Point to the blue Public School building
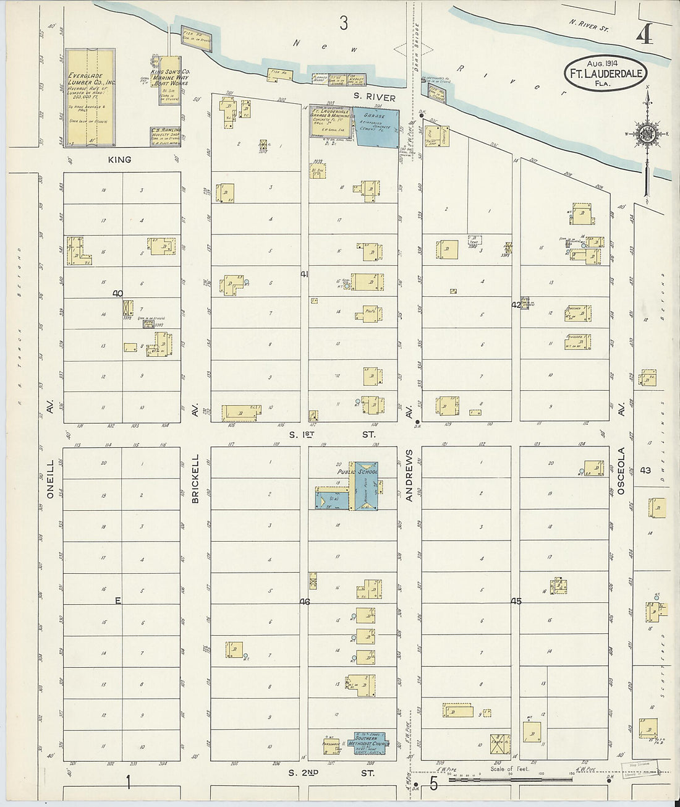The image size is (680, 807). click(365, 486)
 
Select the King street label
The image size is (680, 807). click(119, 160)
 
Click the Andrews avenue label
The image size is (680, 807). click(409, 475)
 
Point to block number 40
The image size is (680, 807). click(118, 294)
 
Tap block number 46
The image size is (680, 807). click(304, 601)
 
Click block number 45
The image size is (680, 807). click(516, 600)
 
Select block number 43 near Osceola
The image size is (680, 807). click(646, 470)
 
